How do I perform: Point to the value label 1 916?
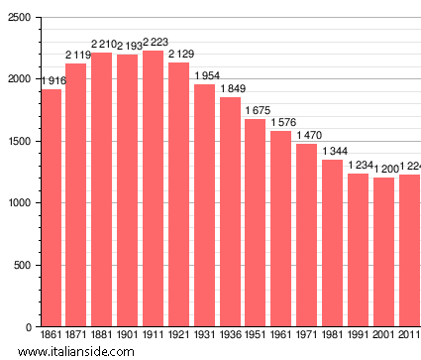[52, 80]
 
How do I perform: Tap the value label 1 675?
[256, 110]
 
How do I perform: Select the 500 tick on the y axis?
[21, 266]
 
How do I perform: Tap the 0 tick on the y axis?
[27, 327]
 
